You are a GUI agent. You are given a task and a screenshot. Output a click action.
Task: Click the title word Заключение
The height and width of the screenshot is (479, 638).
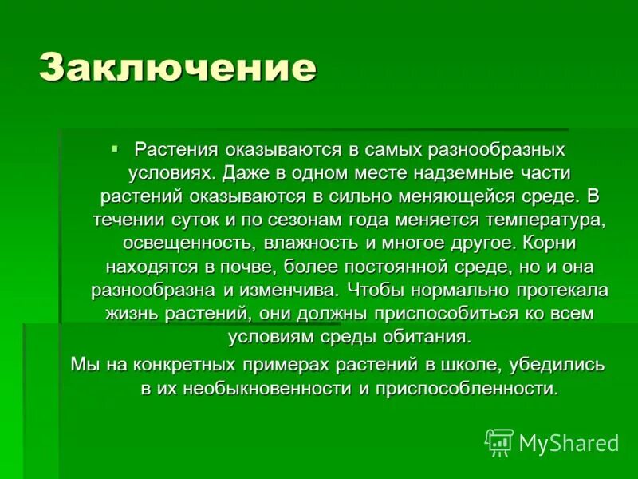(177, 68)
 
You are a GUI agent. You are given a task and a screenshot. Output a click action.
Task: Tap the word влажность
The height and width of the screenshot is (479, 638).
(293, 243)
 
